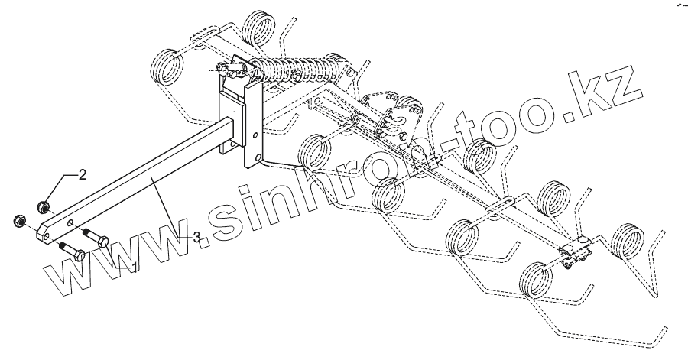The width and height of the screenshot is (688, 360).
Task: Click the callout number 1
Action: pos(134,266)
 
